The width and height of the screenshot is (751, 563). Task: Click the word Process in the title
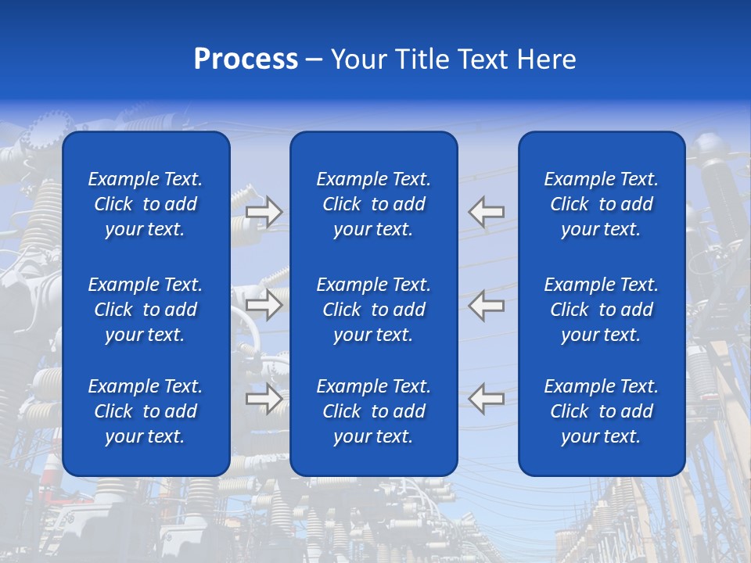point(246,59)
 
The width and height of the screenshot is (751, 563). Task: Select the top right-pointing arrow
point(264,212)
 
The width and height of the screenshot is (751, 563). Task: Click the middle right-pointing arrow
point(264,305)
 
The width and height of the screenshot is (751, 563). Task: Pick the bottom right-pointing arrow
point(264,399)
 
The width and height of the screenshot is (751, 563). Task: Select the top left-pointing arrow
point(486,212)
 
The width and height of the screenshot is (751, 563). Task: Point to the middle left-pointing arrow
point(486,305)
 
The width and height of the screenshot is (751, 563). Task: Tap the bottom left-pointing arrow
point(486,399)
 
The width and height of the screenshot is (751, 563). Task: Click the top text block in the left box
point(146,204)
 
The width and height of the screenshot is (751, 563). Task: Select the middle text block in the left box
point(146,310)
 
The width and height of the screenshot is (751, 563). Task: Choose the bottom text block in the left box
point(146,411)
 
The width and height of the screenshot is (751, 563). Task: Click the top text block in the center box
point(373,204)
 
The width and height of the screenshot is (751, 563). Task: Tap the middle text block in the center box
point(373,310)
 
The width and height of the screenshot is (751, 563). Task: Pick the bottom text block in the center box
point(373,411)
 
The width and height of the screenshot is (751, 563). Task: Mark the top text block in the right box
point(601,204)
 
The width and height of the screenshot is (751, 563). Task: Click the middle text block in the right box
point(601,310)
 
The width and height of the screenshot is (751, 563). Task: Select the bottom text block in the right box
point(601,411)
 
